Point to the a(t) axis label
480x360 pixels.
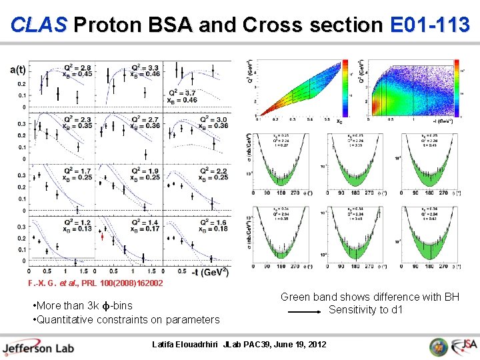pos(18,69)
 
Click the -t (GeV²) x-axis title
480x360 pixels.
pos(210,273)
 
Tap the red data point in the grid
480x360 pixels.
pos(102,236)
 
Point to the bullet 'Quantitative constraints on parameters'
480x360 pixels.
pos(125,319)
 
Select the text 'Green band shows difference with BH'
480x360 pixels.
pos(369,297)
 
